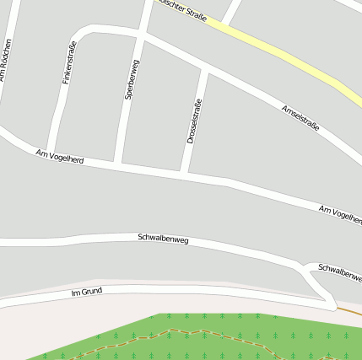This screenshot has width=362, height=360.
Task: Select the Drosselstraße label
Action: pyautogui.click(x=193, y=121)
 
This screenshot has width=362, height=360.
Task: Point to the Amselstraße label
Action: pyautogui.click(x=300, y=116)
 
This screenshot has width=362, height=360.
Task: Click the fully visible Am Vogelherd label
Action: pyautogui.click(x=60, y=156)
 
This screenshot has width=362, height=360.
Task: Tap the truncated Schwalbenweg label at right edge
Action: pyautogui.click(x=339, y=271)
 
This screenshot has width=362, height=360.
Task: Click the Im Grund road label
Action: pyautogui.click(x=87, y=292)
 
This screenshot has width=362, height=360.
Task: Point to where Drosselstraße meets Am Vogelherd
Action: pyautogui.click(x=183, y=174)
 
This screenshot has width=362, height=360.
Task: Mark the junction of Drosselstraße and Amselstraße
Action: pyautogui.click(x=205, y=70)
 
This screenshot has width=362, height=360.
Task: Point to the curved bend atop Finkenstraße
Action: pyautogui.click(x=80, y=35)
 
